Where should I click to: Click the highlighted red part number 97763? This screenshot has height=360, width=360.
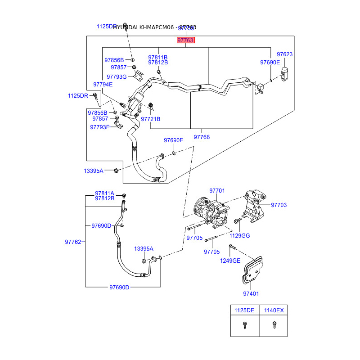coord(185,40)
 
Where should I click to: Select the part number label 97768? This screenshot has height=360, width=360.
coord(202,137)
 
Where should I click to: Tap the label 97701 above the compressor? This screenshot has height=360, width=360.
coord(217,191)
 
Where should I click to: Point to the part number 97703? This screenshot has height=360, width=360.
coord(279,205)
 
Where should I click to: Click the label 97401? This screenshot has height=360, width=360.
coord(251,294)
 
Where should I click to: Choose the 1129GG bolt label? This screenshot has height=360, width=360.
coord(240,235)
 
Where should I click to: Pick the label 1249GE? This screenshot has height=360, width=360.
coord(230,261)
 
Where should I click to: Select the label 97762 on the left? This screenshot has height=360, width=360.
coord(73,242)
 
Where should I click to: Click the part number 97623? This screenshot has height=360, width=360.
coord(284,54)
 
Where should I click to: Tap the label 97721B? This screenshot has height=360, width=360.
coord(150,119)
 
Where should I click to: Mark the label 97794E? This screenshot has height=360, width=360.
coord(103,84)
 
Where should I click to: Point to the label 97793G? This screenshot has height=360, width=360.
coord(117,76)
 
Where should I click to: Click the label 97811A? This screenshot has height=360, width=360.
coord(104,193)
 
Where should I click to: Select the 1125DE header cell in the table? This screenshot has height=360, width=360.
coord(244,310)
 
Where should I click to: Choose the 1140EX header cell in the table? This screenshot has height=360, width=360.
coord(274,310)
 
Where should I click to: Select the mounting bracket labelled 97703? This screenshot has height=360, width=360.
coord(254,205)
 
